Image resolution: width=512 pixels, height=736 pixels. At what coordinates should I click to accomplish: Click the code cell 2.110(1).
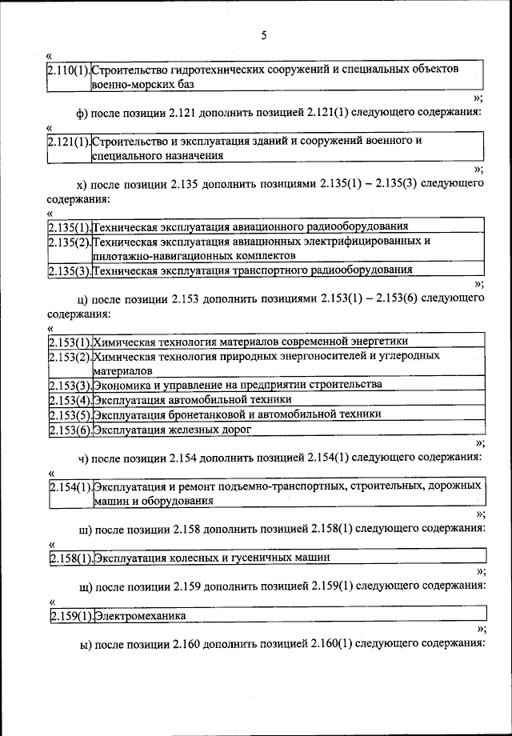[x=70, y=70]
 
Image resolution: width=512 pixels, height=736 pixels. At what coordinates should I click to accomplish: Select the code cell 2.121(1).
[x=70, y=142]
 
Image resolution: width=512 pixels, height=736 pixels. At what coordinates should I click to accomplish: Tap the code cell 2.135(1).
[x=70, y=226]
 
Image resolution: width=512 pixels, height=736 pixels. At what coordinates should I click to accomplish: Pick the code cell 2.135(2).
[x=70, y=241]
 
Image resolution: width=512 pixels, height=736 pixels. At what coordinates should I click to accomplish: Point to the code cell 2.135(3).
[x=70, y=270]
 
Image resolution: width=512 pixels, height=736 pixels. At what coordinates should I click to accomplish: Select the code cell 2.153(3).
[x=70, y=385]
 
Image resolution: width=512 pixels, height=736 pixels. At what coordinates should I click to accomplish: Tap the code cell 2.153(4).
[x=70, y=399]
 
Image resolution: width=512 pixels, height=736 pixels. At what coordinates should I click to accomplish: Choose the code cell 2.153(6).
[x=70, y=430]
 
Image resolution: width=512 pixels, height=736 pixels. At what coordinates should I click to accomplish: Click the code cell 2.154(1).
[x=70, y=486]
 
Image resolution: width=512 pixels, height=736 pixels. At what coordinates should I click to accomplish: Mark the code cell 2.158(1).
[x=70, y=557]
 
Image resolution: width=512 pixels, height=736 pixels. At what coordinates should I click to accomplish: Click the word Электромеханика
[x=140, y=616]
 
